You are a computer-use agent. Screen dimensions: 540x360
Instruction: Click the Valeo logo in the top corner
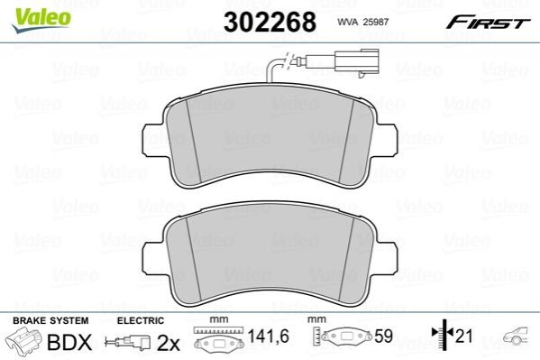click(41, 20)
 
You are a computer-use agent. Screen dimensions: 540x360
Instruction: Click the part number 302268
click(270, 22)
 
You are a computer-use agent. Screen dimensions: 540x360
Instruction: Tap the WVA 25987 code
click(363, 22)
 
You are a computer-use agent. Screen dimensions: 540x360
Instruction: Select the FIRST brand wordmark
click(488, 23)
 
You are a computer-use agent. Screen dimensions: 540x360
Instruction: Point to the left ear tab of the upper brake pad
click(151, 139)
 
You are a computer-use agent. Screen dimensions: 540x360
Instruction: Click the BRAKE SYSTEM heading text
click(50, 320)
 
